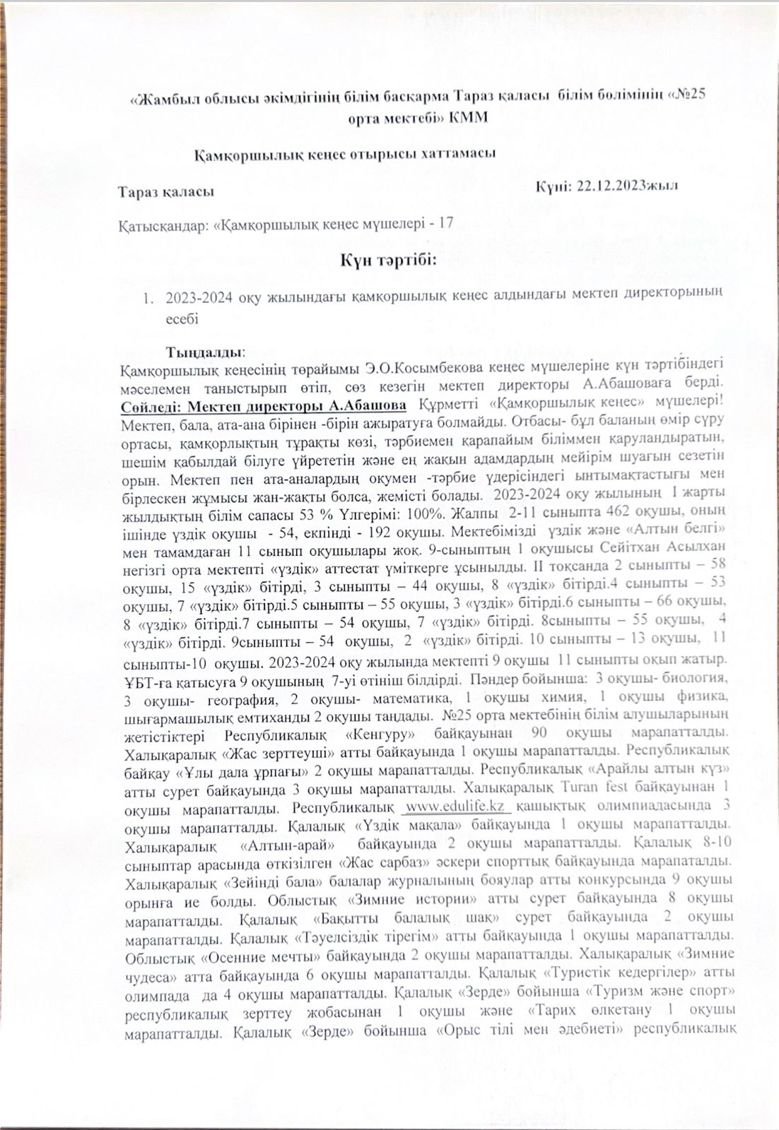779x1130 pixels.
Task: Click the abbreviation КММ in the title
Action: (469, 117)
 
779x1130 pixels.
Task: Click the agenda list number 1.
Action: (148, 298)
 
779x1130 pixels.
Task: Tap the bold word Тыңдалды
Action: (205, 351)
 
